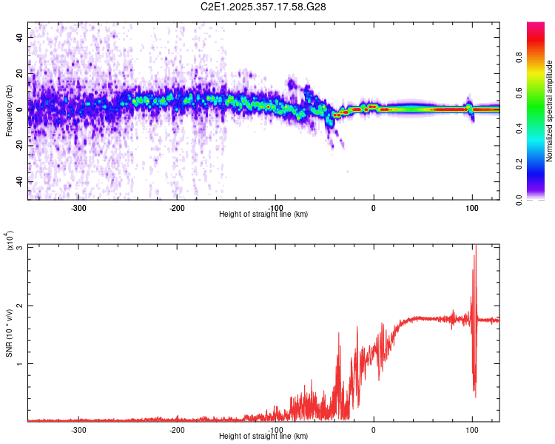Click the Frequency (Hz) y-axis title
click(x=9, y=111)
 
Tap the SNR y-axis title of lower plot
click(x=9, y=332)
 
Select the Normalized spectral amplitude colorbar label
click(x=550, y=111)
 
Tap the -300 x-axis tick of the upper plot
click(x=78, y=206)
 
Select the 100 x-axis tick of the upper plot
click(x=472, y=206)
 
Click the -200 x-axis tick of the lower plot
click(x=177, y=429)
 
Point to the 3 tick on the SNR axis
click(x=22, y=247)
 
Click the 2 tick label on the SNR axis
click(x=22, y=306)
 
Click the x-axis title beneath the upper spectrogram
click(x=263, y=214)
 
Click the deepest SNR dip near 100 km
click(x=475, y=397)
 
